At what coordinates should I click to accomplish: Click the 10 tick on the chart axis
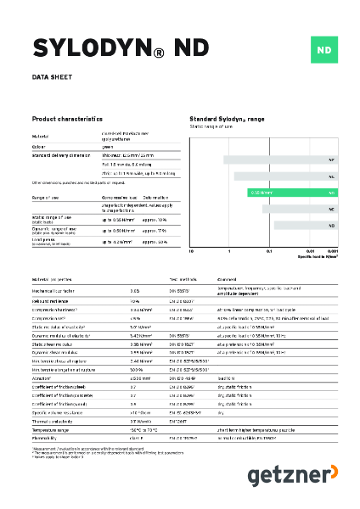tap(191, 252)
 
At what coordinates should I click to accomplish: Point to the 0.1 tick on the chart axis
tap(269, 252)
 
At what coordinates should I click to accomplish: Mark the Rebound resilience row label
tap(55, 300)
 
